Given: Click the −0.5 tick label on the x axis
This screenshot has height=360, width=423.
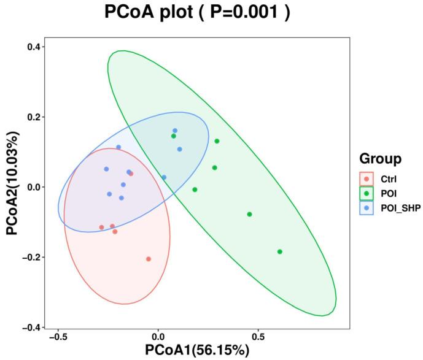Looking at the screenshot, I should point(57,337).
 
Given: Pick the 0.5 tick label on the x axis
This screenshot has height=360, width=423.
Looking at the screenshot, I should point(258,337).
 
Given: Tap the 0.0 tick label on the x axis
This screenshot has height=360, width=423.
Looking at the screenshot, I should point(158,337).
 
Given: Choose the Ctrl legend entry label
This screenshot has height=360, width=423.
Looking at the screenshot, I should point(389,179).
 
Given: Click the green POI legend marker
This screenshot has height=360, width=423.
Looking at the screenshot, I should point(367,193).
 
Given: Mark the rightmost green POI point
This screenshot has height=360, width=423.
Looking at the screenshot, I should point(280,251).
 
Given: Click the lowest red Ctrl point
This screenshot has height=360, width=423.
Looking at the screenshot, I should point(149,259).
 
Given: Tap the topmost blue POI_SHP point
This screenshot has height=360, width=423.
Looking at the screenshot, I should point(175,131).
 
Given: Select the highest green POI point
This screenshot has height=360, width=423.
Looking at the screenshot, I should point(217,141).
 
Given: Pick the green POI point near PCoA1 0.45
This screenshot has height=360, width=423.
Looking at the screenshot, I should point(250,214).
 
